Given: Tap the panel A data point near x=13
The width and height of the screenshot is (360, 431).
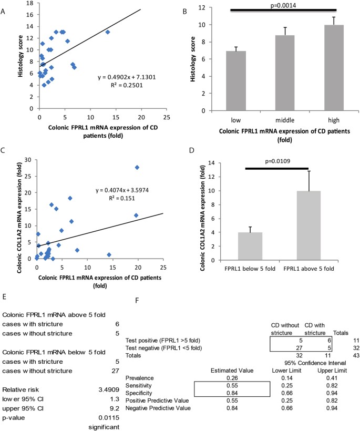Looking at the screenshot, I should pos(108,32).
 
